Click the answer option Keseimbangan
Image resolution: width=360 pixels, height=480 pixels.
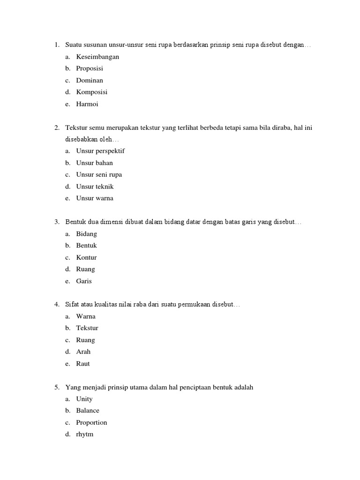pyautogui.click(x=97, y=57)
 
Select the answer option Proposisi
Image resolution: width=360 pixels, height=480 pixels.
pyautogui.click(x=90, y=68)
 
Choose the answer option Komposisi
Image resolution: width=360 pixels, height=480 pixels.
pyautogui.click(x=92, y=92)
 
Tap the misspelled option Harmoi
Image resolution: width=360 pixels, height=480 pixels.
pyautogui.click(x=87, y=104)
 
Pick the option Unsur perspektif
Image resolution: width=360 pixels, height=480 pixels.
pyautogui.click(x=100, y=151)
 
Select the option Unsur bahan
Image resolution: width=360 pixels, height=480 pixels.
pyautogui.click(x=94, y=163)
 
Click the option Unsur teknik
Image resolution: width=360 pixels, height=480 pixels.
pyautogui.click(x=95, y=187)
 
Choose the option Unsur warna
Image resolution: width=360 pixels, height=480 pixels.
pyautogui.click(x=95, y=198)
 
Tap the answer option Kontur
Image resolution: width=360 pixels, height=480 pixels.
pyautogui.click(x=86, y=257)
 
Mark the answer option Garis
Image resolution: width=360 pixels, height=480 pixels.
pyautogui.click(x=84, y=281)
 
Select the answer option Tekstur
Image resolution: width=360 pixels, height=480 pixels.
pyautogui.click(x=87, y=328)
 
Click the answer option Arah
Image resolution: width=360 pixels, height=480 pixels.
pyautogui.click(x=83, y=352)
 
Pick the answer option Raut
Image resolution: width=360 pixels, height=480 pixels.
pyautogui.click(x=83, y=364)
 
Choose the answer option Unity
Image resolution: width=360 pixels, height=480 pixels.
pyautogui.click(x=84, y=399)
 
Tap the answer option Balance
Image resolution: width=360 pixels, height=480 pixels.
pyautogui.click(x=88, y=411)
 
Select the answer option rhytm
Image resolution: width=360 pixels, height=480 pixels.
pyautogui.click(x=85, y=434)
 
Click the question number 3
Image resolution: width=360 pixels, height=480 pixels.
pyautogui.click(x=56, y=222)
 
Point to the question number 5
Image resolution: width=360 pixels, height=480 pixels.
pyautogui.click(x=56, y=387)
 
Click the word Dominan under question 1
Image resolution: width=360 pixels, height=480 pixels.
pyautogui.click(x=90, y=81)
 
